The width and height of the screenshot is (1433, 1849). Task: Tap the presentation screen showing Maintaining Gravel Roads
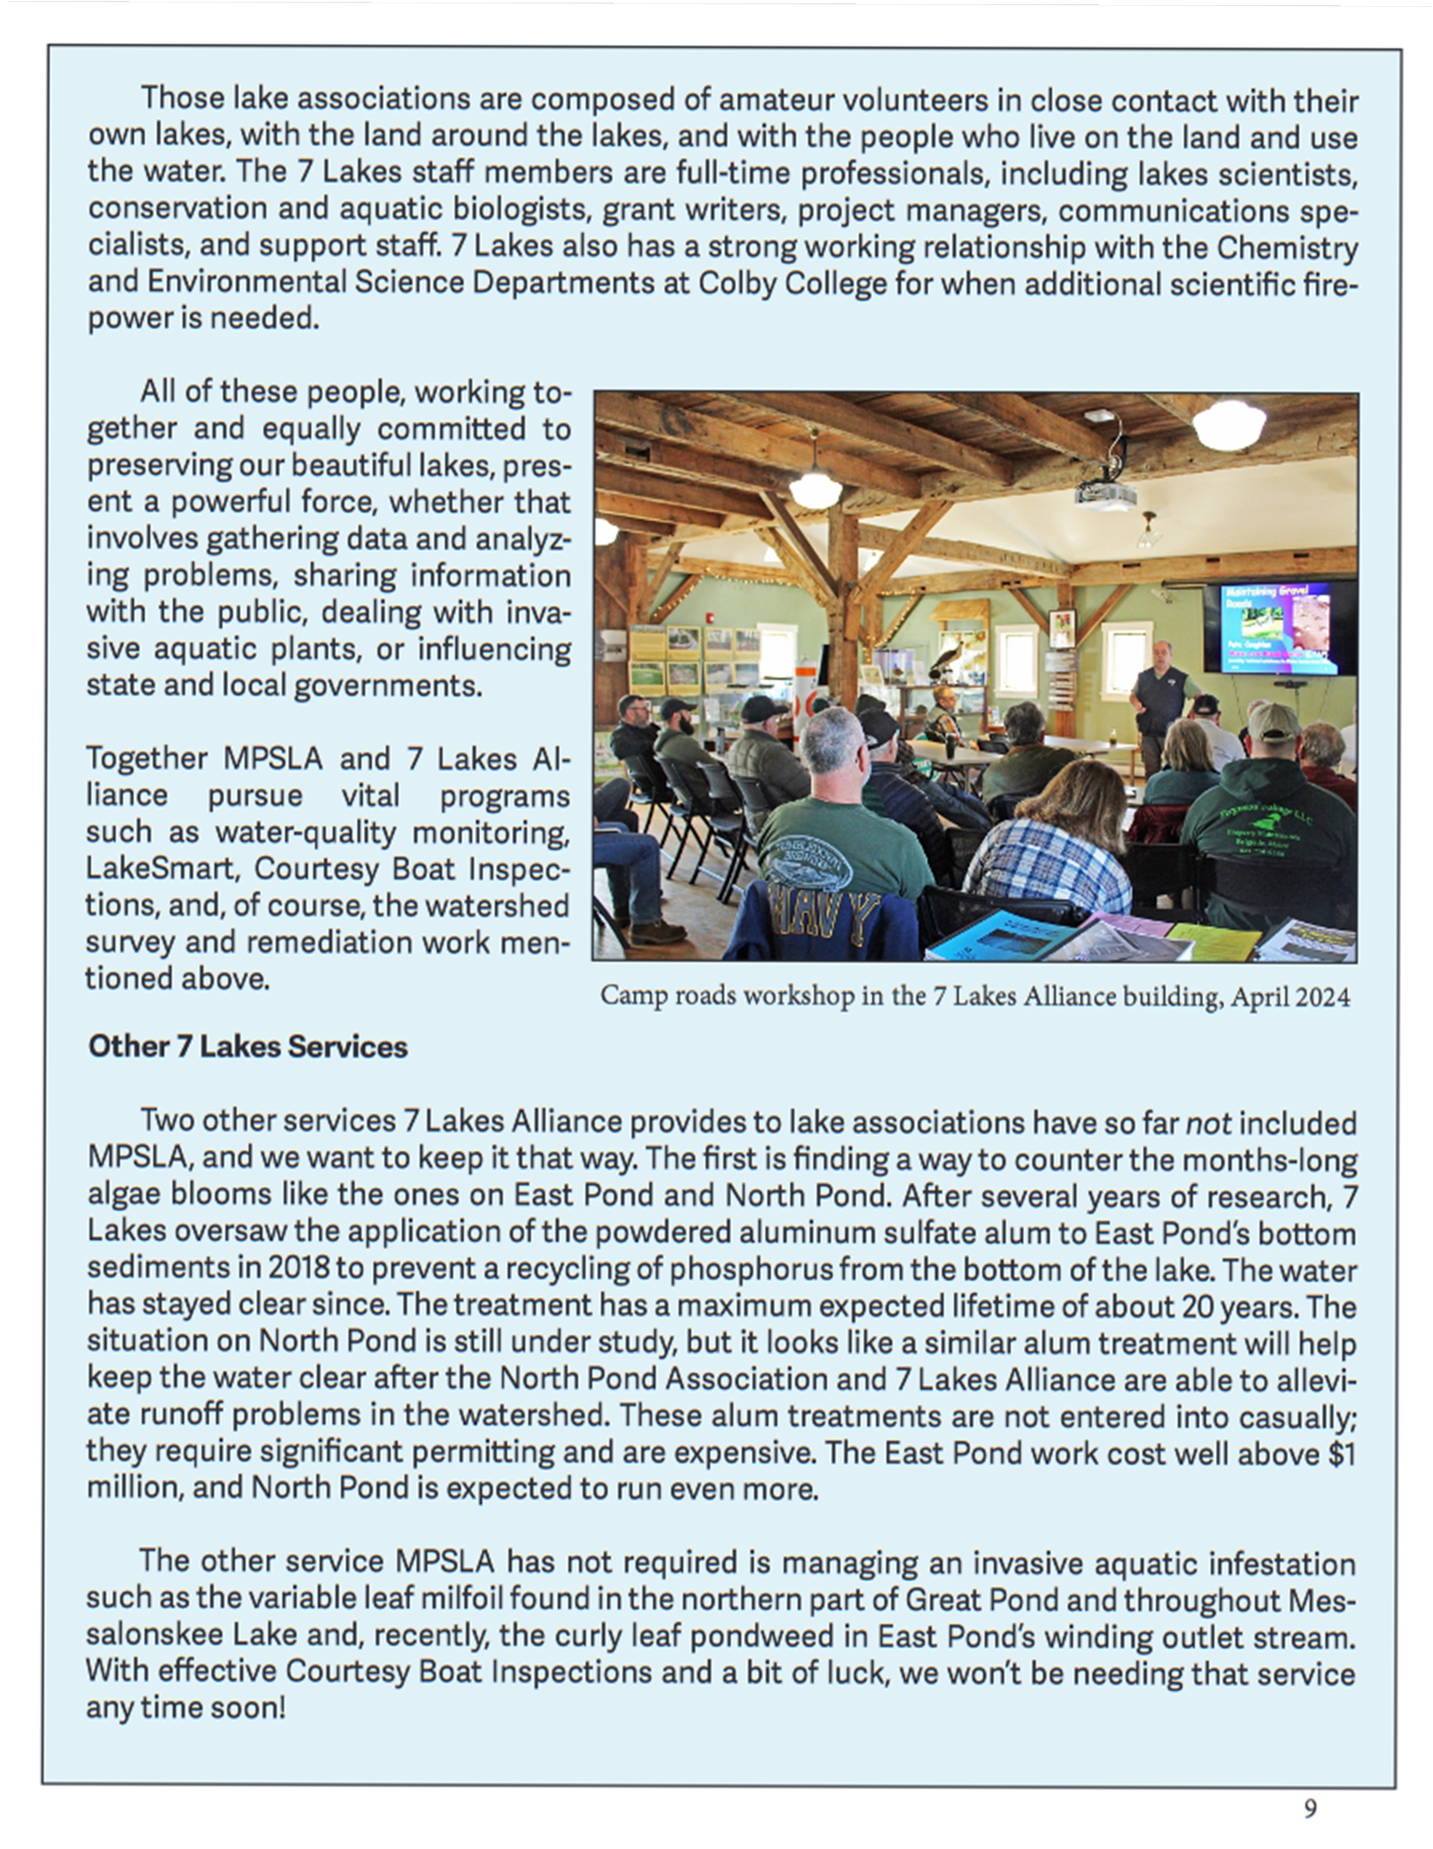tap(1278, 627)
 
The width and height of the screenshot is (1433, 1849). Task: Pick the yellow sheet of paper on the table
tap(1213, 941)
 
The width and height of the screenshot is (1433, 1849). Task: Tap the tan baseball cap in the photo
tap(1271, 721)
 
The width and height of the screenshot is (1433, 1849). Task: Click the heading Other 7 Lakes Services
tap(248, 1047)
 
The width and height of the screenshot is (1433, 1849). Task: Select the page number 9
tap(1310, 1809)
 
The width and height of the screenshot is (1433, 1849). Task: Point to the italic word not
tap(1207, 1122)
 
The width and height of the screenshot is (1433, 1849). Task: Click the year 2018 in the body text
tap(298, 1268)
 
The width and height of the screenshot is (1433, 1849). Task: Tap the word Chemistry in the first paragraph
tap(1287, 248)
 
